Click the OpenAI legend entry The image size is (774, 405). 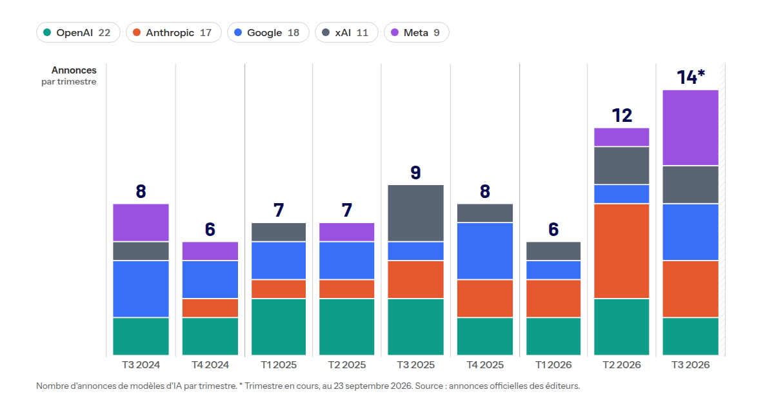coord(78,32)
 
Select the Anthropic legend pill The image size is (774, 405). coord(174,32)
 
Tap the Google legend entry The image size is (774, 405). coord(268,32)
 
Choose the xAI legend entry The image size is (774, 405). coord(346,32)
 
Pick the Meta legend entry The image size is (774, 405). coord(417,32)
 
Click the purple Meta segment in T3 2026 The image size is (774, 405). coord(690,128)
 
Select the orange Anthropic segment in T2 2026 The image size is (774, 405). coord(622,251)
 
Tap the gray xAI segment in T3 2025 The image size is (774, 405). coord(415,213)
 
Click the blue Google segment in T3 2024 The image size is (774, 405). coord(141,289)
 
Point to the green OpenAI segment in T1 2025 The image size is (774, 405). coord(279,327)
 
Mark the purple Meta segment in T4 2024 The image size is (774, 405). coord(210,251)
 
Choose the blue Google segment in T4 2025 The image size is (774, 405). coord(485,251)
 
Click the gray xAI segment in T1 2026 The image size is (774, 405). coord(553,251)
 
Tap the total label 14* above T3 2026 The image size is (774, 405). coord(690,77)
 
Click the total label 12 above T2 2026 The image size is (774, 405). coord(622,115)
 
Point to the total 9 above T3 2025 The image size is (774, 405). coord(415,172)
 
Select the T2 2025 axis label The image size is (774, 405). coord(346,365)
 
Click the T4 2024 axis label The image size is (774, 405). coord(210,365)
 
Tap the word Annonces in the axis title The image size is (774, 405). coord(74,70)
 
